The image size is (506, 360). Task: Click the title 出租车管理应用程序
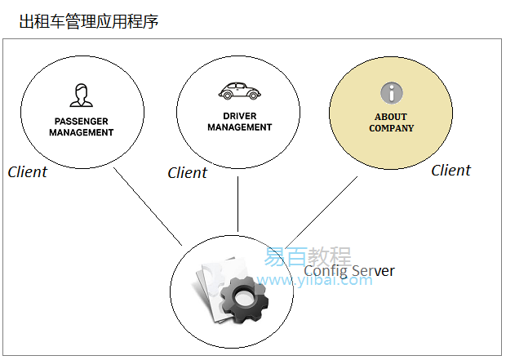89,21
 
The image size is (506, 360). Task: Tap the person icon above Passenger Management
80,95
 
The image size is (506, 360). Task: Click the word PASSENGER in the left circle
81,122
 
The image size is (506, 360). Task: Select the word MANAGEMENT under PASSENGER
81,132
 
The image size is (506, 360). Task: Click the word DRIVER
239,116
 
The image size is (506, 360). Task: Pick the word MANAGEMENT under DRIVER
239,127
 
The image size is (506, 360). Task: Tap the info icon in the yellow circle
391,92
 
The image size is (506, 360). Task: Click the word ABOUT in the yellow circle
391,118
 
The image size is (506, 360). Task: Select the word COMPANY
391,128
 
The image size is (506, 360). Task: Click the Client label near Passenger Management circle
28,172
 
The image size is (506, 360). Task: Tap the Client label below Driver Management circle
187,173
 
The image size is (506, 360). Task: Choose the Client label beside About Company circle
451,171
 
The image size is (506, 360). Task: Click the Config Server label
349,271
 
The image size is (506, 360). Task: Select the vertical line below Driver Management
237,204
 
